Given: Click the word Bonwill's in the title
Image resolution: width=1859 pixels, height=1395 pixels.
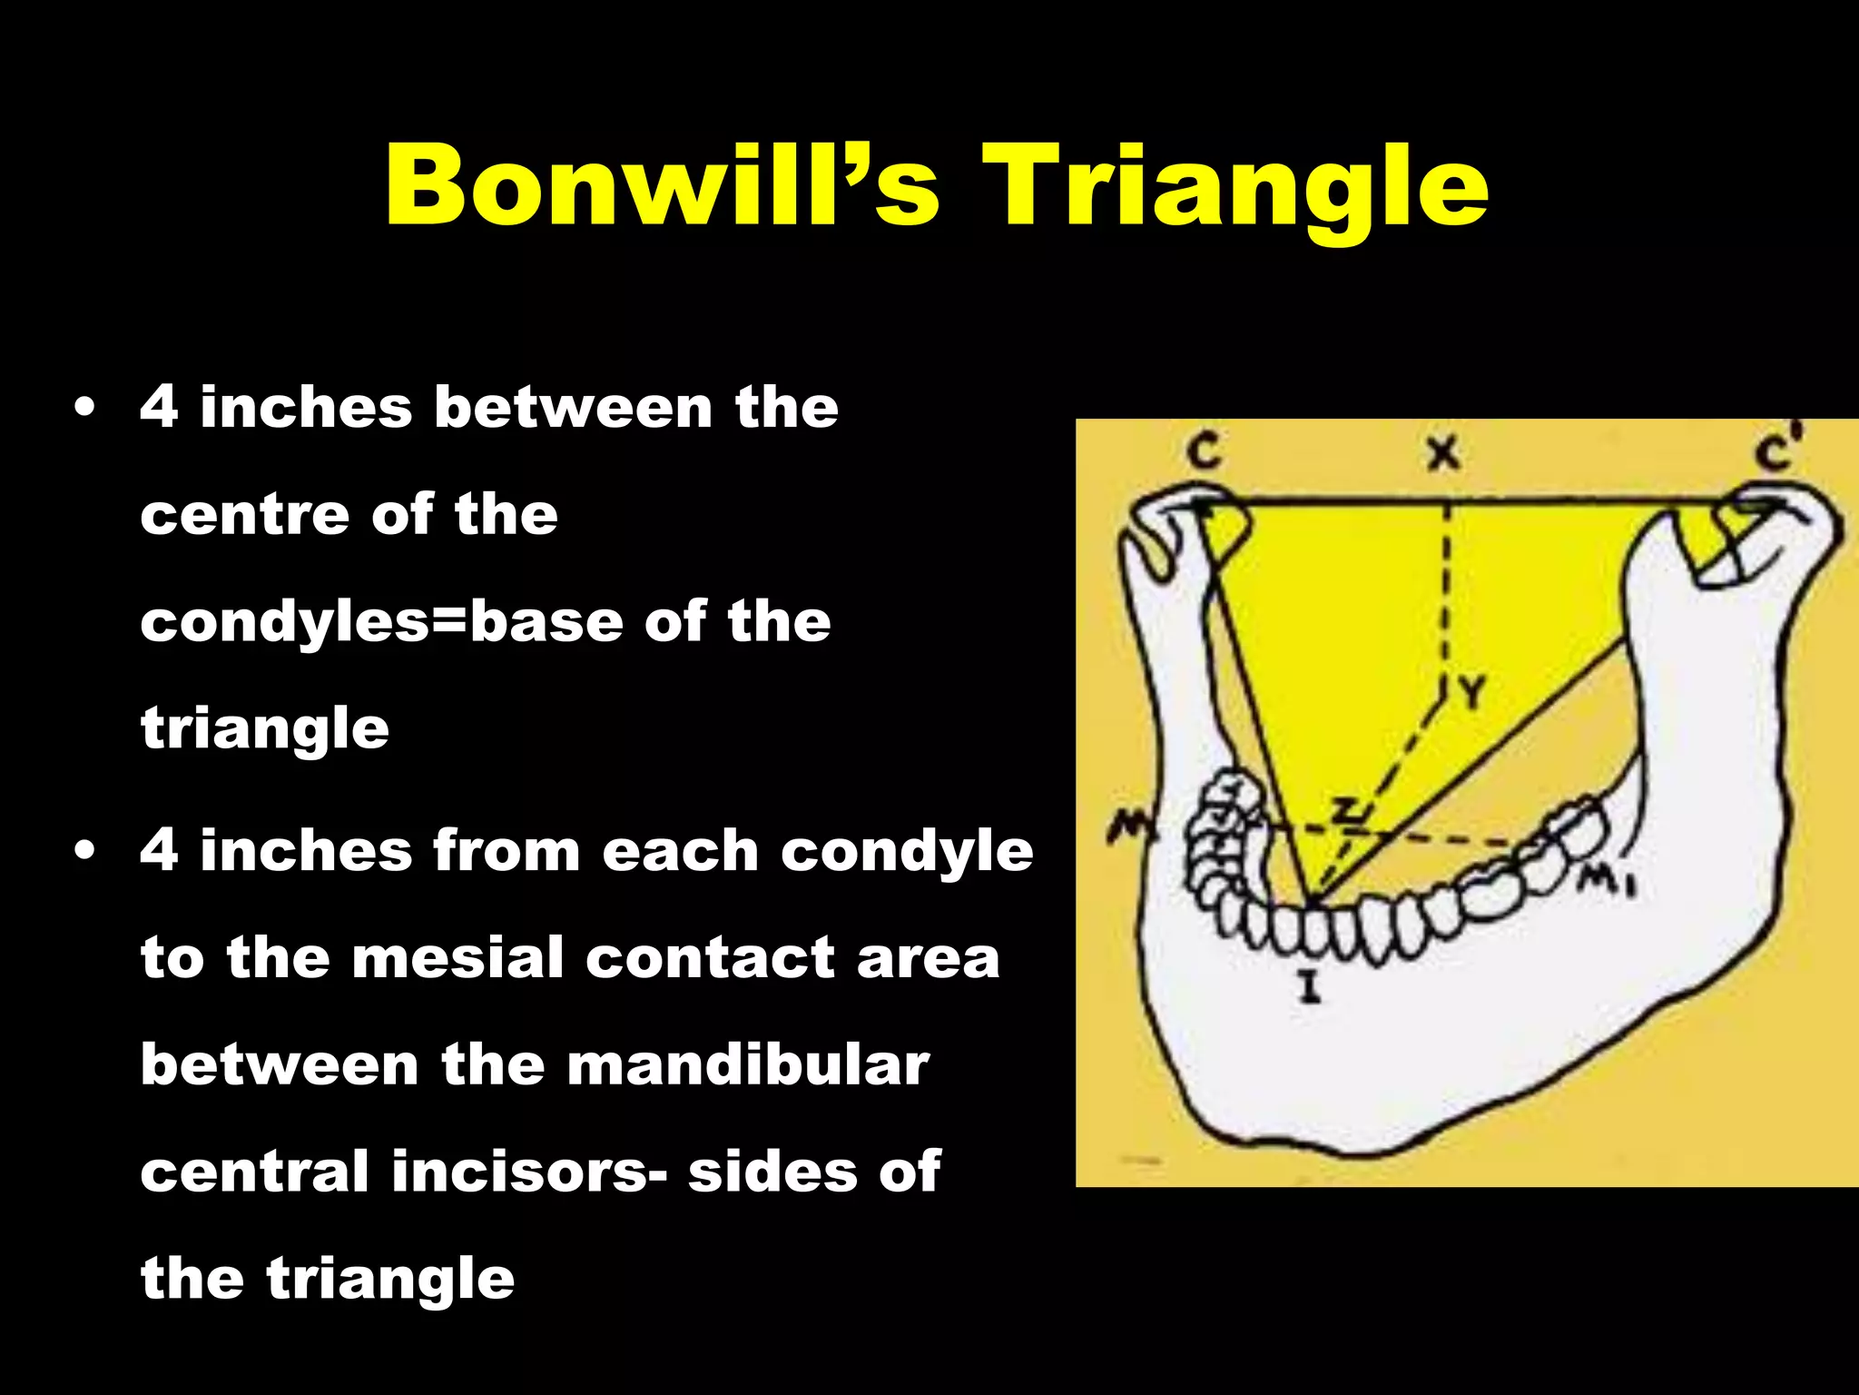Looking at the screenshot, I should [x=662, y=187].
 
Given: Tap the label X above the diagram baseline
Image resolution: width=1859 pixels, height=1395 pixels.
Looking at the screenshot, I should [x=1442, y=452].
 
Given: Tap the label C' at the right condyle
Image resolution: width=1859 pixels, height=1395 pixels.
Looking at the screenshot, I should [x=1776, y=450].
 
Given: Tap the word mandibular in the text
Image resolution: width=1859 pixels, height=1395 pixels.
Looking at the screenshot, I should [x=748, y=1064].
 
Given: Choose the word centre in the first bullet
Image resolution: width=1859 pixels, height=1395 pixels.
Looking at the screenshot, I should [x=244, y=515].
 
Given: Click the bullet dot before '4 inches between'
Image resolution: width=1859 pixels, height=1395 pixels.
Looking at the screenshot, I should [x=85, y=408].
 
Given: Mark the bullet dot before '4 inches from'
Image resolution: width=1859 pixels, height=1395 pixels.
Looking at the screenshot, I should [x=85, y=852].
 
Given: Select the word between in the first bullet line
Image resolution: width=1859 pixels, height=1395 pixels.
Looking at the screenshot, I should [x=573, y=407].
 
